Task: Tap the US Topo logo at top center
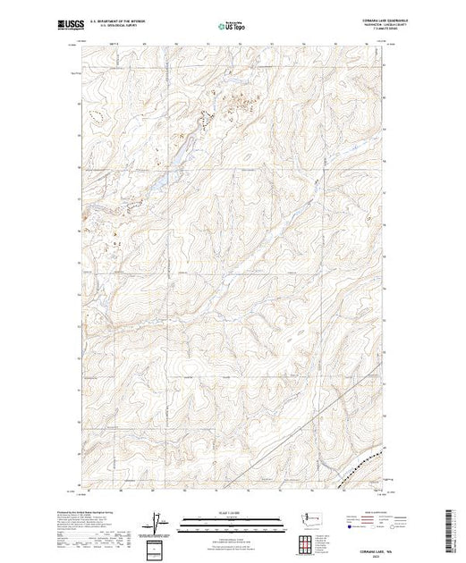pos(232,27)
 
